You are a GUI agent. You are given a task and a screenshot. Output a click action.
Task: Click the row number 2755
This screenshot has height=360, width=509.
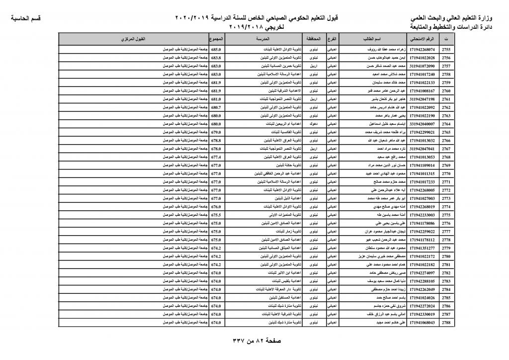pos(446,50)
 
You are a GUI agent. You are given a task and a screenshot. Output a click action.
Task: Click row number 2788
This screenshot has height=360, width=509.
pos(446,322)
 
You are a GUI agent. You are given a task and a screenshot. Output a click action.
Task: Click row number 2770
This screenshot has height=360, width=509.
pos(446,174)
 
